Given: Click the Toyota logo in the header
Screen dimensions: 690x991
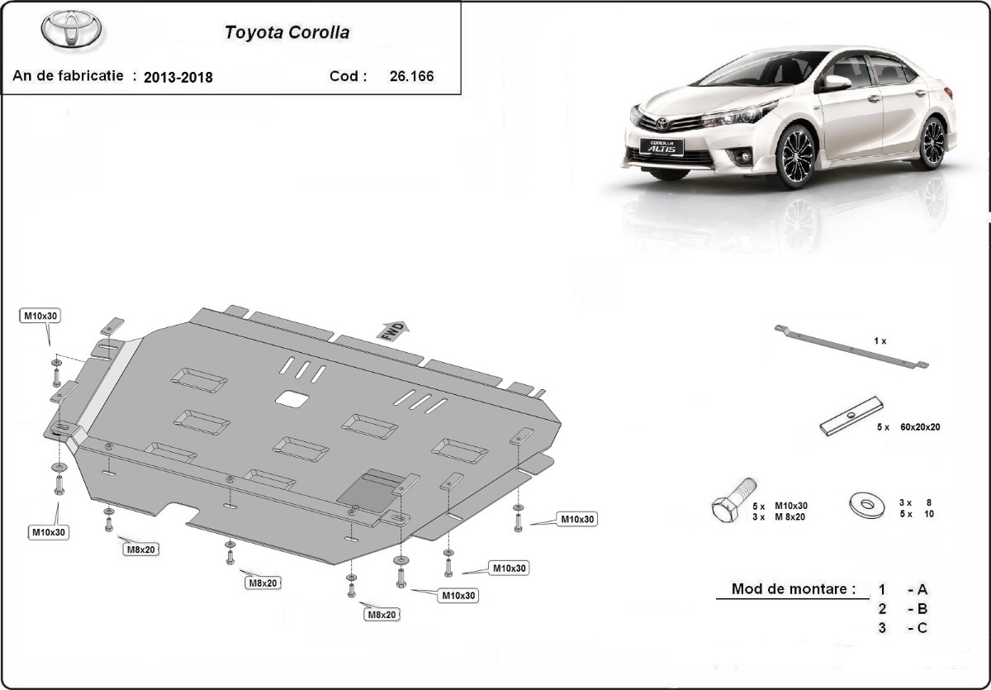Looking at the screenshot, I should tap(72, 30).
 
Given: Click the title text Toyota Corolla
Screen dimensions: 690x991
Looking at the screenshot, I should tap(287, 33).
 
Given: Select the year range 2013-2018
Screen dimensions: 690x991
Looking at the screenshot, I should tap(178, 78).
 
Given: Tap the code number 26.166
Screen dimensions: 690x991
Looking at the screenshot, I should tap(410, 77).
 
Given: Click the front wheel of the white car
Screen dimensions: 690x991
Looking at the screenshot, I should tap(794, 156).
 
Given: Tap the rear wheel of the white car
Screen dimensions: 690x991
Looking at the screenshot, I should tap(932, 142).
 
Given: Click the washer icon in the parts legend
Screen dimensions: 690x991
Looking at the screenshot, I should tap(865, 503).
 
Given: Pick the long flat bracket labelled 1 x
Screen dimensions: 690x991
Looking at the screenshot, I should tap(851, 347).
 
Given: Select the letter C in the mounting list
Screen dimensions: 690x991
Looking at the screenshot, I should tap(922, 628).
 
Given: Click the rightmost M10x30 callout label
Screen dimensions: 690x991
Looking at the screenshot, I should tap(578, 520).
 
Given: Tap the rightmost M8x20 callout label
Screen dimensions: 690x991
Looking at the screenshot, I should tap(382, 615).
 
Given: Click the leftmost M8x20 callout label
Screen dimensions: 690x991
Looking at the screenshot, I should tap(142, 549).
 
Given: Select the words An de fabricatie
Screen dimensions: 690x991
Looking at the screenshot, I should tap(68, 76).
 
